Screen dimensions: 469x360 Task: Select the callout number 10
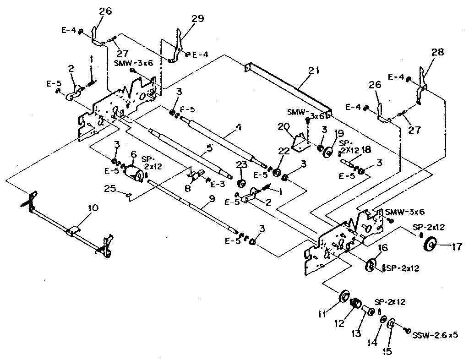pyautogui.click(x=93, y=208)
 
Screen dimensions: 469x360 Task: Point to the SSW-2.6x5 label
pyautogui.click(x=435, y=335)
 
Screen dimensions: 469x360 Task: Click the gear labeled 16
pyautogui.click(x=371, y=265)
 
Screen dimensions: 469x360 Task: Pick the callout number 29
pyautogui.click(x=198, y=19)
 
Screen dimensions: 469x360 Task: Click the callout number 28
pyautogui.click(x=437, y=52)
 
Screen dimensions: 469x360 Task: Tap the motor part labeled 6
pyautogui.click(x=134, y=173)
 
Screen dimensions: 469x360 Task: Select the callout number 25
pyautogui.click(x=110, y=189)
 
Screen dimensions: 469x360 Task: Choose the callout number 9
pyautogui.click(x=212, y=198)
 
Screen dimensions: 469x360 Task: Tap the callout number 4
pyautogui.click(x=238, y=127)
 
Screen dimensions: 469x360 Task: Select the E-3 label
pyautogui.click(x=218, y=185)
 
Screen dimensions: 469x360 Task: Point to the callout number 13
pyautogui.click(x=356, y=333)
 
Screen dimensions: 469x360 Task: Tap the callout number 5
pyautogui.click(x=209, y=147)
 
